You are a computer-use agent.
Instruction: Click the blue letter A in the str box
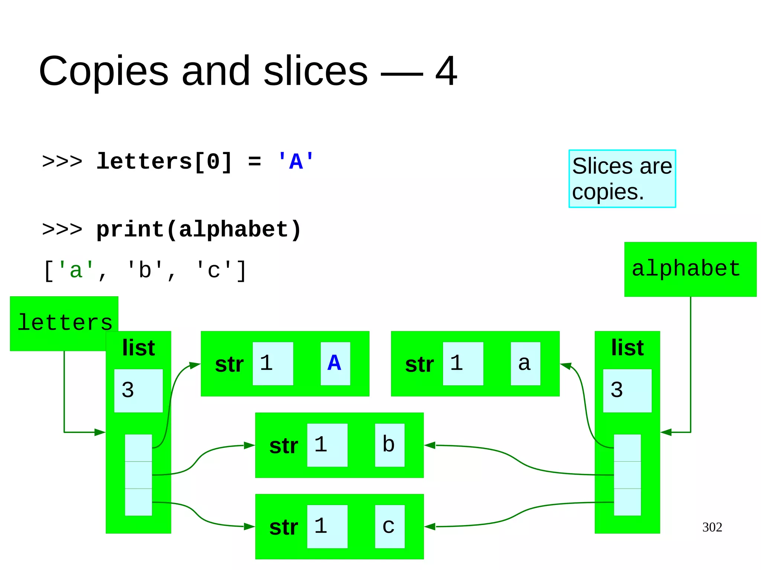click(334, 363)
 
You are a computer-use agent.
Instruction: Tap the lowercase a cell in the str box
click(525, 363)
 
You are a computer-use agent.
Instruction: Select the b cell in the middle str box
click(389, 444)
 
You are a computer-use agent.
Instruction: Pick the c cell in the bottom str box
click(389, 526)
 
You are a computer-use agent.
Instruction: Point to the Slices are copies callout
click(622, 179)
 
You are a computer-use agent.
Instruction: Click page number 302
click(712, 527)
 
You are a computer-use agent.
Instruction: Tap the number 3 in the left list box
click(128, 390)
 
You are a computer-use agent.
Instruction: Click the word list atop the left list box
click(138, 348)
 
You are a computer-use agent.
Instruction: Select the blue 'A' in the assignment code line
click(295, 162)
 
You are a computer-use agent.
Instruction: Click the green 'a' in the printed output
click(76, 270)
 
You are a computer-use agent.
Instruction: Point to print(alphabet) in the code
click(198, 229)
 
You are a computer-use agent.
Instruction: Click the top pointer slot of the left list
click(138, 447)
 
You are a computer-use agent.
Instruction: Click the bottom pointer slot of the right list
click(627, 502)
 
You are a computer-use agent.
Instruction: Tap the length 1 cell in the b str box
click(327, 444)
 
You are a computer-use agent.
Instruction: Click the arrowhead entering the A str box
click(195, 365)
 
